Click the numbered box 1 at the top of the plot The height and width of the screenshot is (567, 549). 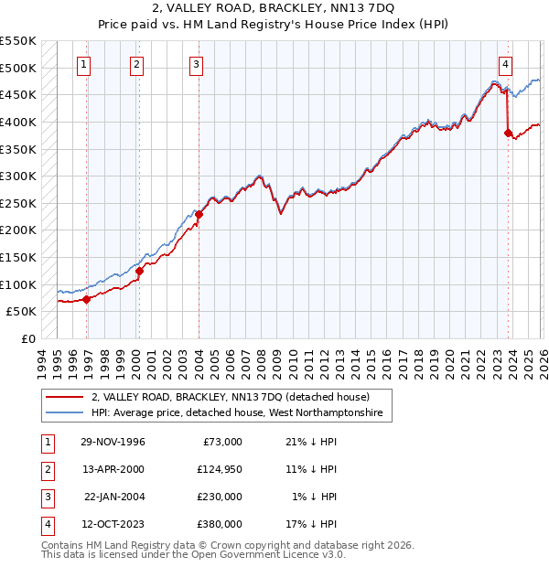coord(84,64)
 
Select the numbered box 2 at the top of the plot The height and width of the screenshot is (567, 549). coord(136,64)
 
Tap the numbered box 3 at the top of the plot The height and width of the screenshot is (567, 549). coord(197,64)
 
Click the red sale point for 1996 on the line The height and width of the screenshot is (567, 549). coord(87,299)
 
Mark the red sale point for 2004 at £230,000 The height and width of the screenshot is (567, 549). coord(199,214)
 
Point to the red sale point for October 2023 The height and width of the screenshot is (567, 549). coord(508,133)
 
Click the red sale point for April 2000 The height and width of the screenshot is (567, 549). coord(140,271)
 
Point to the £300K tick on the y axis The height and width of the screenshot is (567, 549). coord(18,176)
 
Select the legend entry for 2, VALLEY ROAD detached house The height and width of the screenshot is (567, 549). coord(230,398)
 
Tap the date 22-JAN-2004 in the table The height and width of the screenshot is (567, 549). coord(114,497)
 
